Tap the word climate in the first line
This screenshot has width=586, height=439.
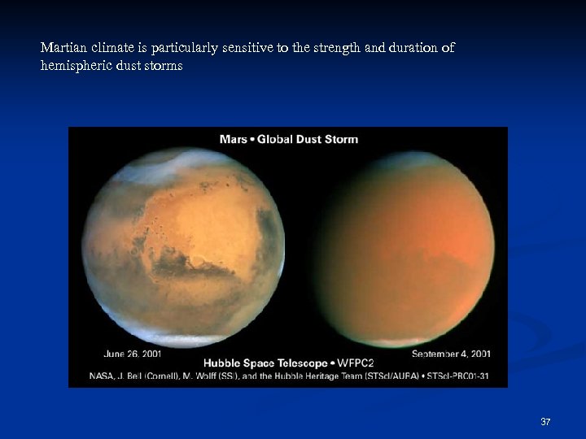pos(106,48)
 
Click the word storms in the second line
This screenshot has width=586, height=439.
pos(164,66)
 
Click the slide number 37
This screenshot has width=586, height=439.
pos(545,421)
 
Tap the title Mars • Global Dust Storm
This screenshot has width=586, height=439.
pos(288,139)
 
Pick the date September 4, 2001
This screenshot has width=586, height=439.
pos(451,354)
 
